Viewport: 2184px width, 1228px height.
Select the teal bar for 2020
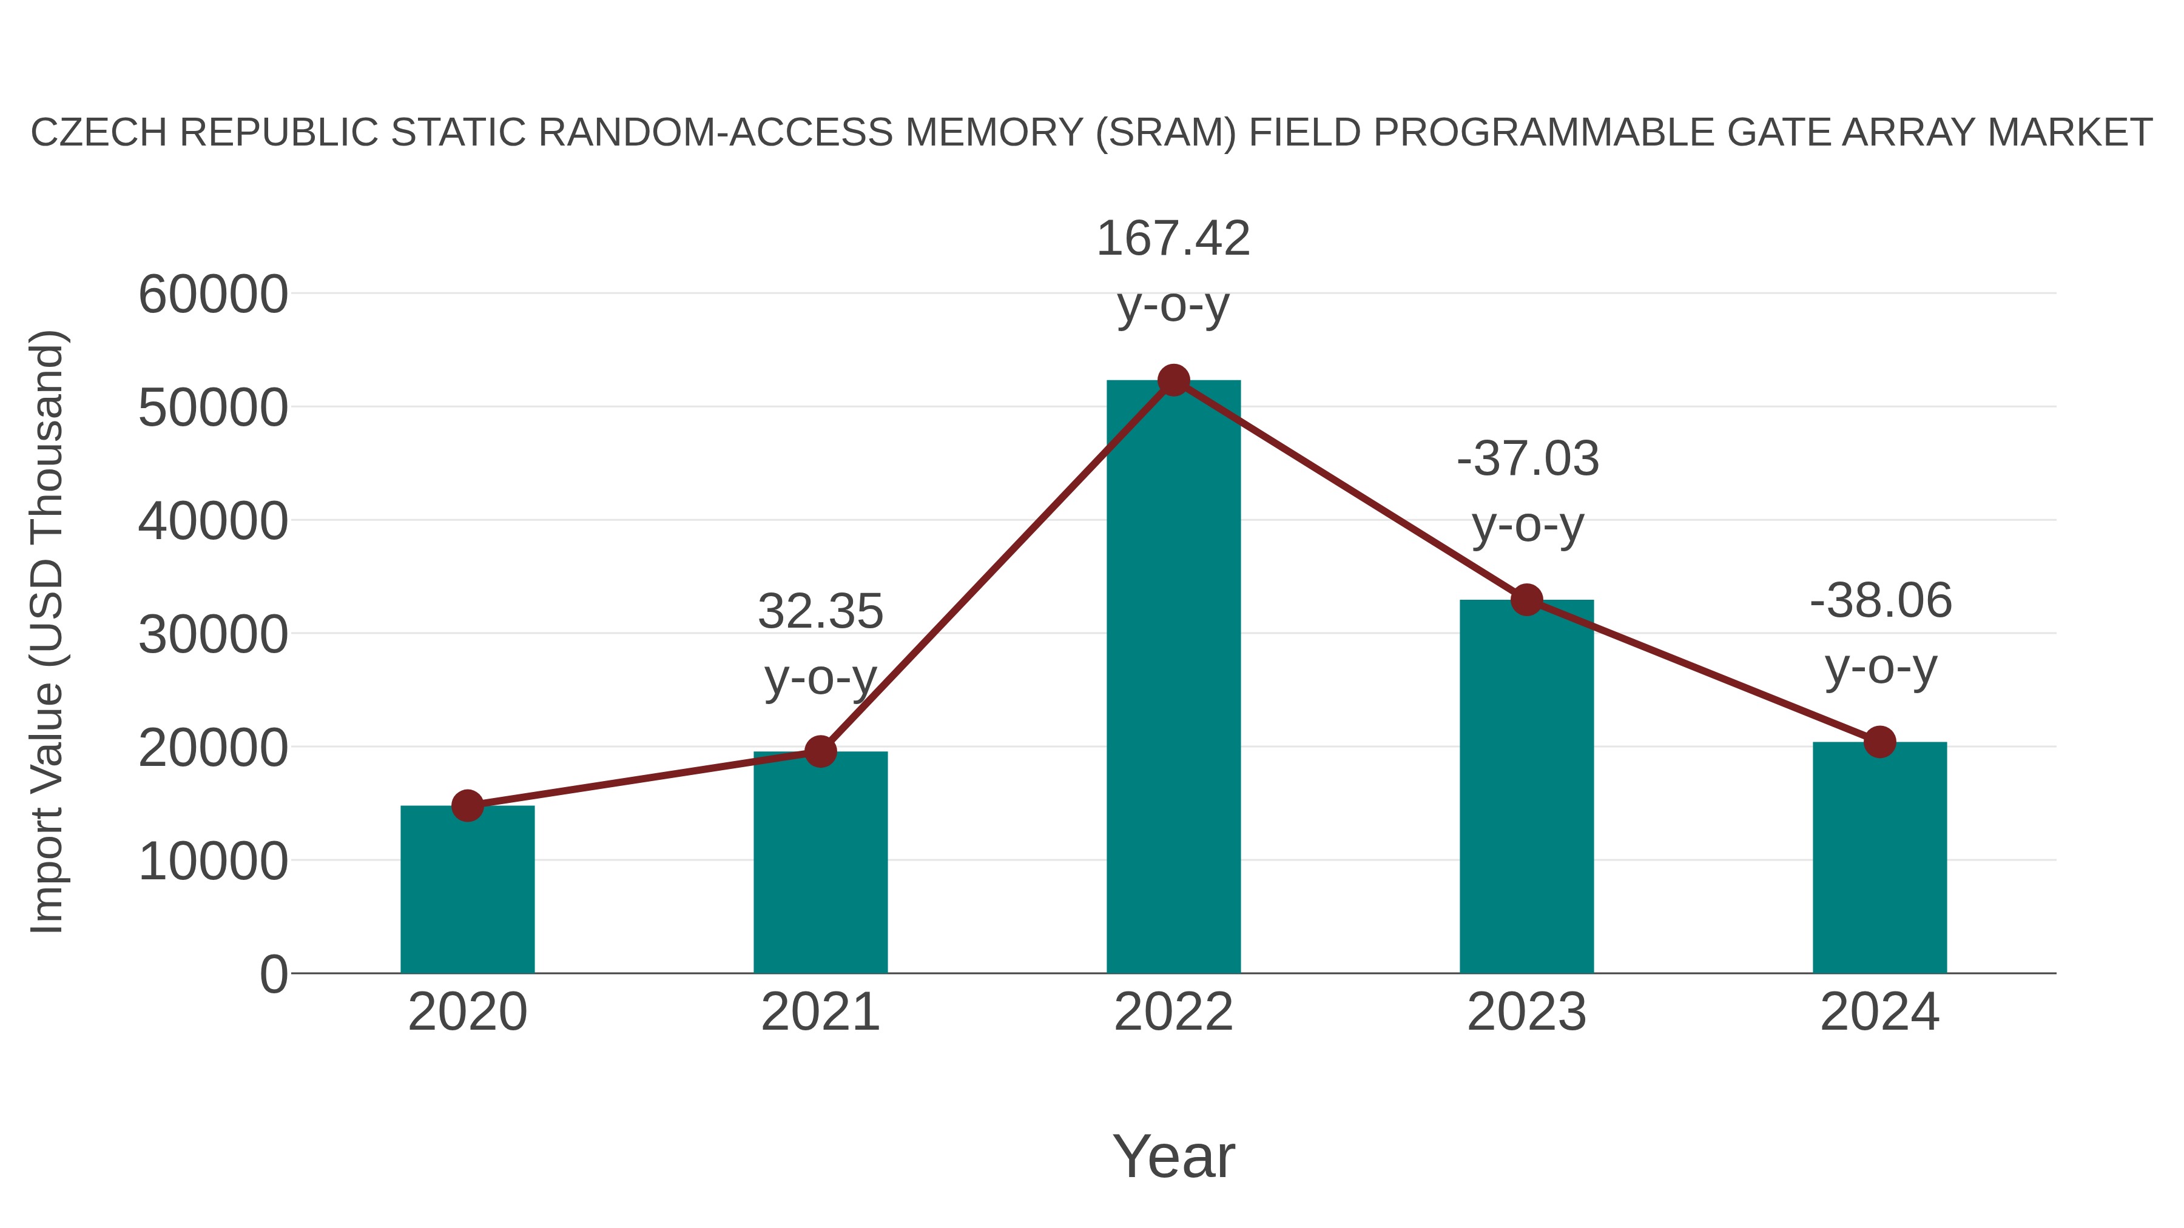pos(467,889)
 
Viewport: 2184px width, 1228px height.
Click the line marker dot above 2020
pos(467,805)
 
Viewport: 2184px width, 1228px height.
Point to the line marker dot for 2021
pos(820,751)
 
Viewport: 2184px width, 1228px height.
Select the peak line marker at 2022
pos(1173,380)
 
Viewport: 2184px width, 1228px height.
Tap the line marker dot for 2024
pos(1879,742)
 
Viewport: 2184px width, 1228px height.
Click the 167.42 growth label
pos(1173,238)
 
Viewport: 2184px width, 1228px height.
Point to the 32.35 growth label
pos(820,611)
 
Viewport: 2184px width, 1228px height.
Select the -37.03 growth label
pos(1527,458)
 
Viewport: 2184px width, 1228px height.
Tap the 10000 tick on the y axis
pos(213,861)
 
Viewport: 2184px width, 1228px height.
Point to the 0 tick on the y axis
pos(273,974)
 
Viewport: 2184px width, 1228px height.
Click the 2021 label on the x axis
pos(820,1012)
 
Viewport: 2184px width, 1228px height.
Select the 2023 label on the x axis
pos(1526,1012)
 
